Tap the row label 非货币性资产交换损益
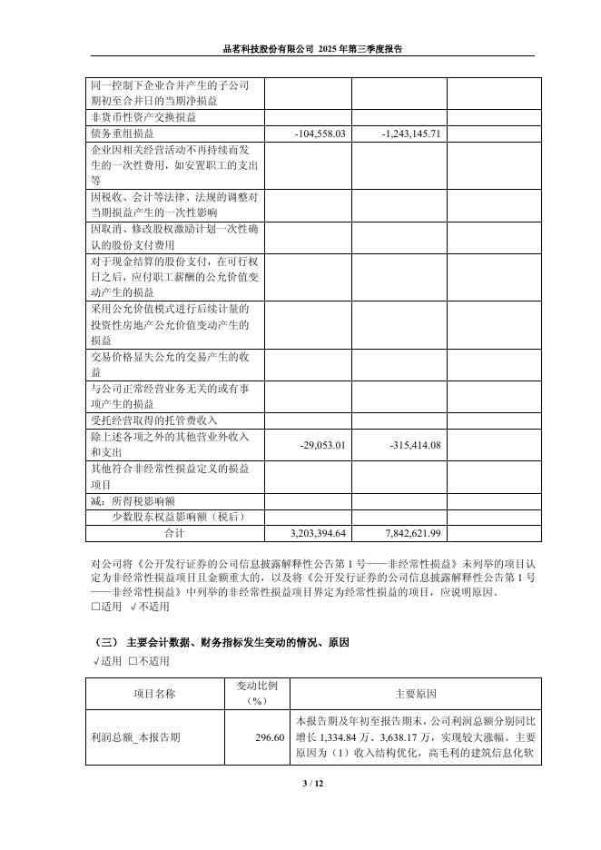[144, 117]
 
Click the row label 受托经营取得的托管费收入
[155, 420]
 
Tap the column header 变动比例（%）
[256, 694]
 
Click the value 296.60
[271, 737]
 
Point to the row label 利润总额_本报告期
[136, 737]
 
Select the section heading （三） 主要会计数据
[222, 642]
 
